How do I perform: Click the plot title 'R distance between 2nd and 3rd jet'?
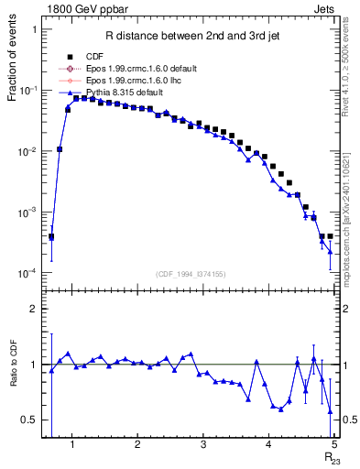click(191, 37)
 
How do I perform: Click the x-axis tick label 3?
click(202, 446)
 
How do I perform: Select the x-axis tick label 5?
click(333, 446)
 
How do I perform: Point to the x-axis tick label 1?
click(71, 446)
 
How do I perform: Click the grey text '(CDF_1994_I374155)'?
click(191, 274)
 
